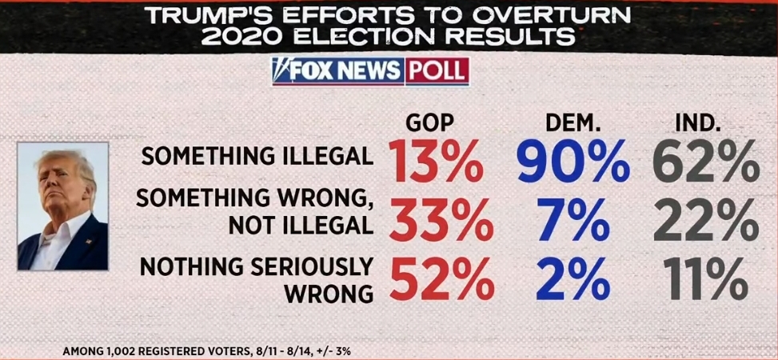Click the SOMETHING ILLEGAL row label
point(257,155)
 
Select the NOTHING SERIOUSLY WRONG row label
point(257,279)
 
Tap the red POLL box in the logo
point(436,71)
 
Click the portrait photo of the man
point(63,206)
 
